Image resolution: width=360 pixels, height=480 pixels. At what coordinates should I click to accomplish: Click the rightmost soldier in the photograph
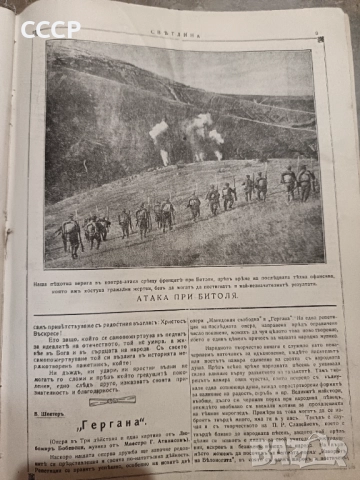[305, 182]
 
